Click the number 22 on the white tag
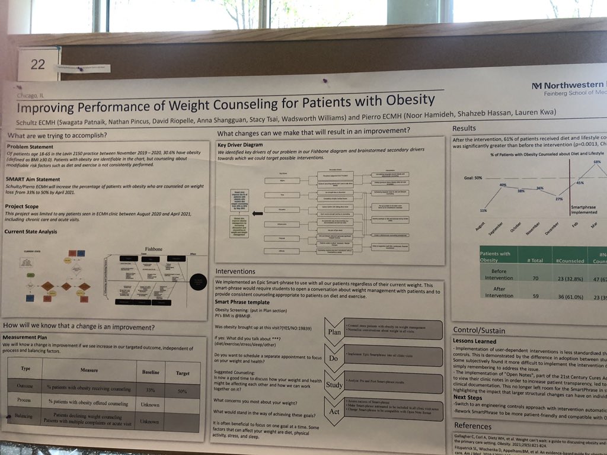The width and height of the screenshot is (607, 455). click(37, 64)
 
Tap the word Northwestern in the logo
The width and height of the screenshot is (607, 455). click(574, 83)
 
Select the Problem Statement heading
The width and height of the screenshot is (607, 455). click(34, 146)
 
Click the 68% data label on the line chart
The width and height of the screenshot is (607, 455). click(597, 161)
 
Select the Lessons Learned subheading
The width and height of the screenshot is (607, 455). click(474, 341)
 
